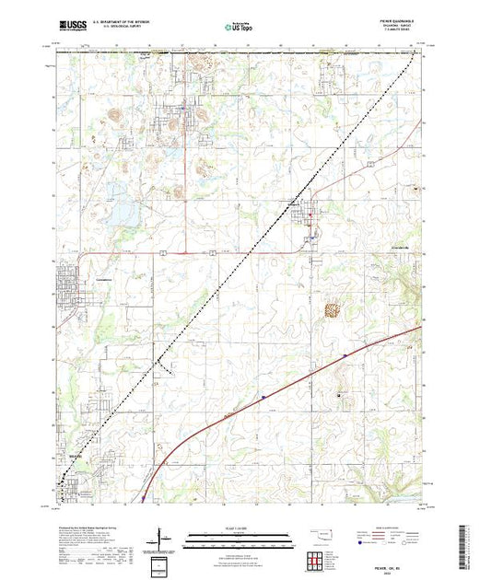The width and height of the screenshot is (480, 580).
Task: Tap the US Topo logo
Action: [x=240, y=27]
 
